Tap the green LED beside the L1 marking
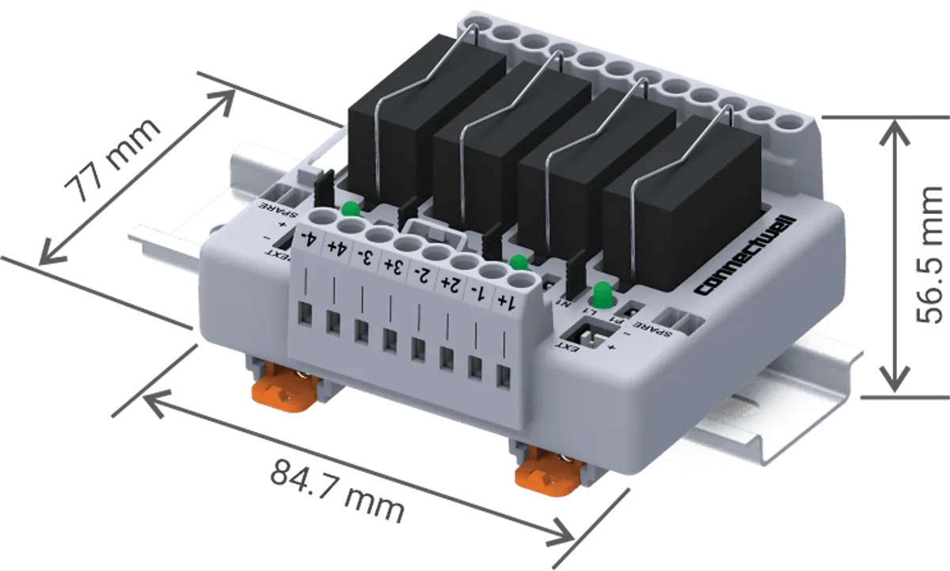point(602,291)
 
